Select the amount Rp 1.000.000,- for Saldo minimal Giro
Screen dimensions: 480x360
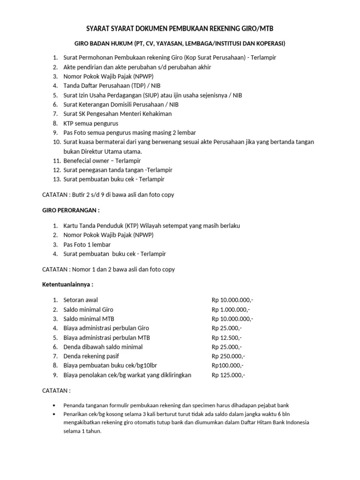[231, 309]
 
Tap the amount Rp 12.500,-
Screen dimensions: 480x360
[226, 337]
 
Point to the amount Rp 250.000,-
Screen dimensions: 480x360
[228, 356]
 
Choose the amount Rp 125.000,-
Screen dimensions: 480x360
[228, 375]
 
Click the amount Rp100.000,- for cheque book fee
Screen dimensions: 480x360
[227, 366]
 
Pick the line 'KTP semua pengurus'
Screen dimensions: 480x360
[91, 123]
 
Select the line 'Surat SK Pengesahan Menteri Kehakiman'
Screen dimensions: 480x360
[118, 113]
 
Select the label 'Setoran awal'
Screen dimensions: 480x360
[81, 300]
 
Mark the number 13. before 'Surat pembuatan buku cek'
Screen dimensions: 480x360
[57, 179]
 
